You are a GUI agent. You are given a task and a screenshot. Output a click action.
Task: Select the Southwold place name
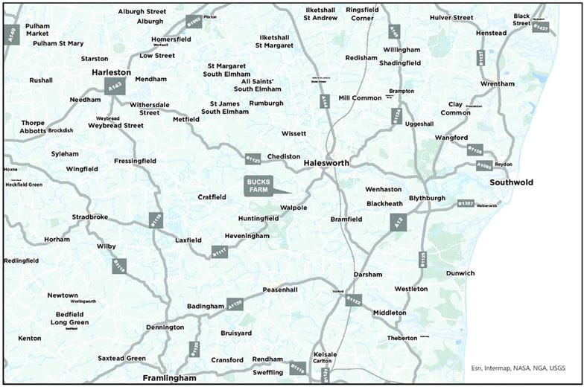tap(511, 182)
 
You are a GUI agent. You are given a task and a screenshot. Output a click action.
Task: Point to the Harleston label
tap(111, 73)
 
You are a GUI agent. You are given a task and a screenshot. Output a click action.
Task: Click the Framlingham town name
tap(170, 378)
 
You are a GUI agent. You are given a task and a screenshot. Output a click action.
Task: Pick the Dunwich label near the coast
tap(459, 273)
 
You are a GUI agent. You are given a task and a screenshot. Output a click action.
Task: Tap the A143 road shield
tap(115, 87)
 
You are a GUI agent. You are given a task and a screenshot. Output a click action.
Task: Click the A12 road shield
tap(399, 221)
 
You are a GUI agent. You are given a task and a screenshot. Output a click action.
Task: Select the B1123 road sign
tap(253, 158)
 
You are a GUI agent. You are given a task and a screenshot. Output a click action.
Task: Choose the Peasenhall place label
tap(280, 290)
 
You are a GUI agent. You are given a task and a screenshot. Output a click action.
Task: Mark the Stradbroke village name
tap(90, 218)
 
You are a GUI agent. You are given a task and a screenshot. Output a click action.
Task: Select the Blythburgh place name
tap(426, 199)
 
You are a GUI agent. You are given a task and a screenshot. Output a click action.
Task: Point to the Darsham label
tap(368, 274)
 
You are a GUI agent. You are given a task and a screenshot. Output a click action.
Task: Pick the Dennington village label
tap(165, 327)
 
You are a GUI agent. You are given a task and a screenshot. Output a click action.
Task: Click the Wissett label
tap(294, 134)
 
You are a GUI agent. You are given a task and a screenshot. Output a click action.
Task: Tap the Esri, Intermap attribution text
tap(518, 368)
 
